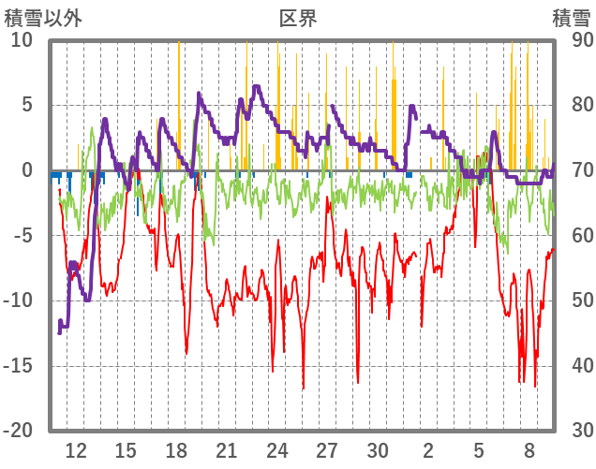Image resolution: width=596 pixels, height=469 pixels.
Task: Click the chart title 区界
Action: tap(299, 17)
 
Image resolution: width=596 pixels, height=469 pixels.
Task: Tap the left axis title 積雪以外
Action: tap(44, 17)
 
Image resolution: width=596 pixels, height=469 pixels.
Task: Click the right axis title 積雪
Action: tap(571, 17)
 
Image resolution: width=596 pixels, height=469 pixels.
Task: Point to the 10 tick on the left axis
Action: tap(22, 40)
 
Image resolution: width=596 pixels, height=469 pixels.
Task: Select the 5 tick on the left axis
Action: tap(27, 105)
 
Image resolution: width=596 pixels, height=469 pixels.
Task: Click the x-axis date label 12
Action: tap(76, 449)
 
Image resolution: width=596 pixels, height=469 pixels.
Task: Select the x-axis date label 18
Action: tap(176, 449)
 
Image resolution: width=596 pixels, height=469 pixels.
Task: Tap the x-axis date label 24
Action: tap(277, 449)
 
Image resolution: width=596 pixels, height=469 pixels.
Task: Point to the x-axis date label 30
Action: tap(378, 449)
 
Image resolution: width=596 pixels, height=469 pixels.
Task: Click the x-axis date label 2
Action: tap(428, 449)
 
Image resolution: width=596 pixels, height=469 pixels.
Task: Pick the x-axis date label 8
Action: tap(529, 449)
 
